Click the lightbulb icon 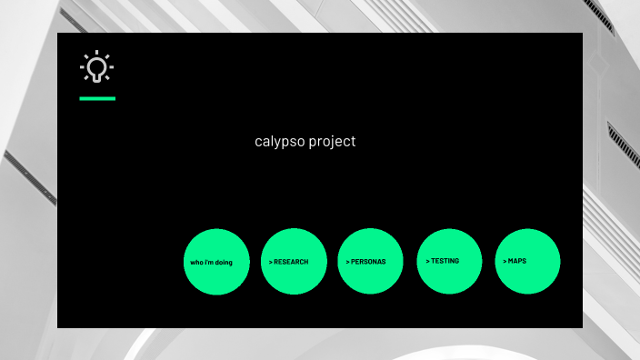[96, 67]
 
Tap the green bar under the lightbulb [97, 98]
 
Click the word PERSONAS [368, 262]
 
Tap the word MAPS [517, 261]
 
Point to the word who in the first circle [195, 263]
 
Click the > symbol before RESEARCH [270, 262]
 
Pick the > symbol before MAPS [505, 261]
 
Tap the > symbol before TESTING [427, 261]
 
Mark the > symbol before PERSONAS [347, 262]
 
